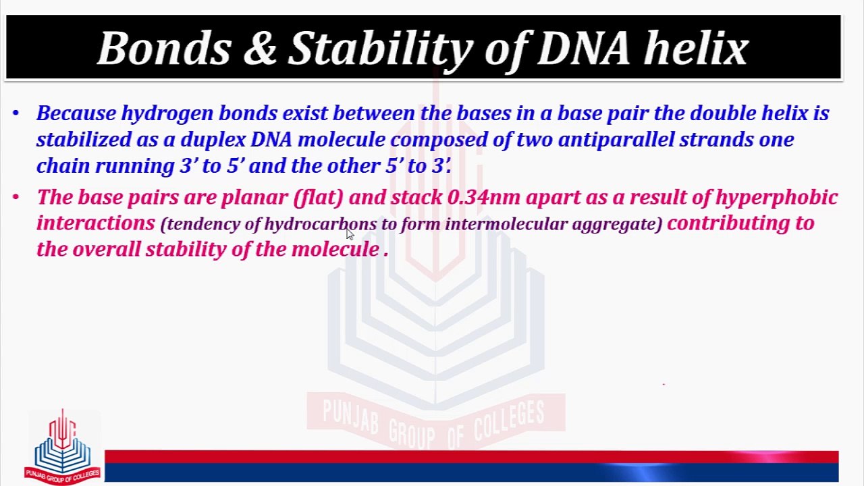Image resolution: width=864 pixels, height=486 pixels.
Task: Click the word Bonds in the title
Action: [165, 49]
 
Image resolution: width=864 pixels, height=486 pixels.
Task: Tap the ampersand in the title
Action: [261, 49]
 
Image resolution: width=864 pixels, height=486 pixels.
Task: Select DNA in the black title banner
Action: [583, 49]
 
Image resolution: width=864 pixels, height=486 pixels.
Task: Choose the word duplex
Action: [213, 140]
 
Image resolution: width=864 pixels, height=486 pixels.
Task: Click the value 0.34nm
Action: [484, 197]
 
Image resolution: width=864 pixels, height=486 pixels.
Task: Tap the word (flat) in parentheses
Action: [318, 198]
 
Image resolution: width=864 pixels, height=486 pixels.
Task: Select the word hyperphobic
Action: [776, 198]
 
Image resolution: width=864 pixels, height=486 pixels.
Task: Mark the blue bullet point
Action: [16, 113]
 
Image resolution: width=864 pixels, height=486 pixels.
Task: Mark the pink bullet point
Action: [16, 198]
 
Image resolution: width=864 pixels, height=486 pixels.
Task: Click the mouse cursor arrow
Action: [350, 234]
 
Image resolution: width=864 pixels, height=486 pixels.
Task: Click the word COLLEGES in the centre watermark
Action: [510, 423]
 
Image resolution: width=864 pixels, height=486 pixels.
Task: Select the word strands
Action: [716, 140]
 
